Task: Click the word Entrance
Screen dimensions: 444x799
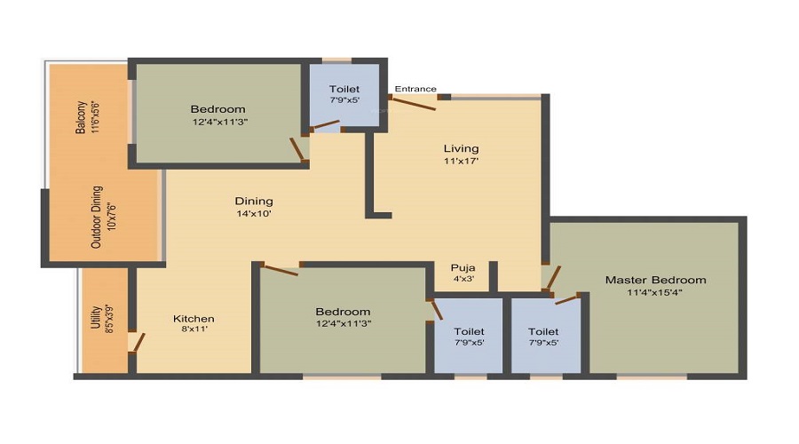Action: pos(415,89)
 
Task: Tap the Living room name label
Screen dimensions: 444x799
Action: pos(462,148)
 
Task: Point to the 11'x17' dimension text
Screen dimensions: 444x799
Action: pos(462,162)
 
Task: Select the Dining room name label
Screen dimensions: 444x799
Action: pos(254,201)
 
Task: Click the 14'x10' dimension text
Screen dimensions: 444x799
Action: pos(254,214)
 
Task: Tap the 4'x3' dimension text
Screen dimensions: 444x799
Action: pos(463,279)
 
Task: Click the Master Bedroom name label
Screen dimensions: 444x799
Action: pos(656,280)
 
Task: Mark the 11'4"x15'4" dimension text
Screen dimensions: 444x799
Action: pos(656,292)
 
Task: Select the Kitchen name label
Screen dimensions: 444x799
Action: pos(194,319)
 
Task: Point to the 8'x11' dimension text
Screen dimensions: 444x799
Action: pos(194,330)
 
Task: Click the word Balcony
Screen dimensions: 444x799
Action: pos(81,116)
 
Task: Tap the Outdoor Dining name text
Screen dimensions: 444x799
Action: pos(98,216)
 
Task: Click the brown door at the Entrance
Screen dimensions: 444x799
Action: pos(413,103)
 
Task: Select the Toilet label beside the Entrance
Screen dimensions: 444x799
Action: pos(344,89)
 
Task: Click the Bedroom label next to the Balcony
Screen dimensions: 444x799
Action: pos(218,109)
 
